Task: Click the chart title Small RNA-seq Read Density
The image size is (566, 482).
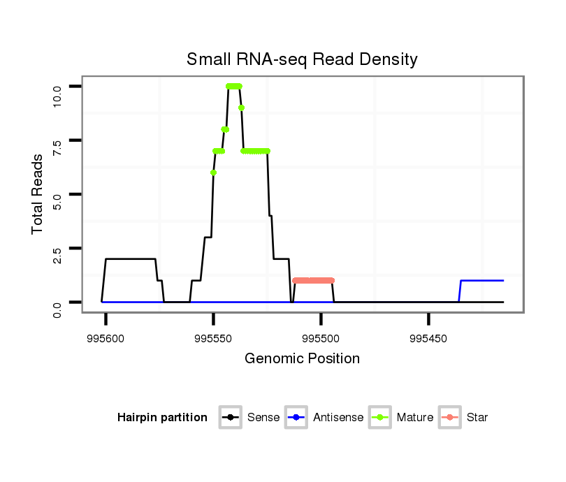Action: click(302, 59)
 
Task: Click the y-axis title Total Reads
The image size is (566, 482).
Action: click(38, 194)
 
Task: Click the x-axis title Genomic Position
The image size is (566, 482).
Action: click(302, 359)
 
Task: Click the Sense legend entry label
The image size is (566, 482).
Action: click(263, 418)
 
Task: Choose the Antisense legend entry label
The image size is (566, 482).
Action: click(338, 418)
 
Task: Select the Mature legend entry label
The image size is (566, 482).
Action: click(415, 418)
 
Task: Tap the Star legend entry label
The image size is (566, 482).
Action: click(477, 418)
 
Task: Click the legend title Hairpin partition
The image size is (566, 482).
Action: click(162, 418)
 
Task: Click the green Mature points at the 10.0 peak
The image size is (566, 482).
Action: click(234, 86)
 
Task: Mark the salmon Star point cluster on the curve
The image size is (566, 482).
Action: click(313, 280)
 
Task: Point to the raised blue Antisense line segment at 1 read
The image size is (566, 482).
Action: click(482, 280)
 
